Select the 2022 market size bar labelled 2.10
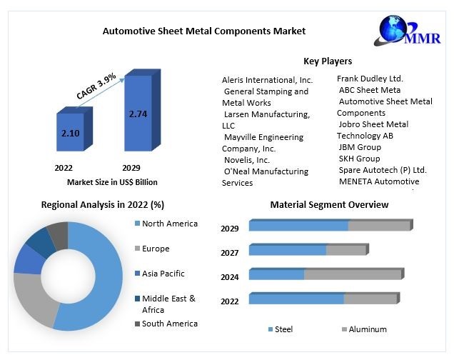pyautogui.click(x=70, y=133)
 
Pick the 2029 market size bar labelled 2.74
pyautogui.click(x=138, y=114)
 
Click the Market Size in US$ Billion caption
pyautogui.click(x=112, y=182)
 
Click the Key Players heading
pyautogui.click(x=328, y=61)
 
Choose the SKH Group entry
pyautogui.click(x=359, y=159)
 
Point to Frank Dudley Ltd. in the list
pyautogui.click(x=370, y=79)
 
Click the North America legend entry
pyautogui.click(x=169, y=224)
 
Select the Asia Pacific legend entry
pyautogui.click(x=163, y=274)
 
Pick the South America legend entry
pyautogui.click(x=169, y=324)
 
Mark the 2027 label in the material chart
pyautogui.click(x=229, y=252)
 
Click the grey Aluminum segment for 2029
pyautogui.click(x=379, y=226)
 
